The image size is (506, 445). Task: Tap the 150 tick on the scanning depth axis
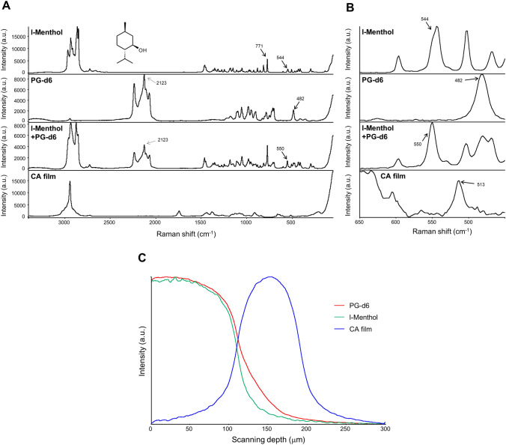pos(267,430)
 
